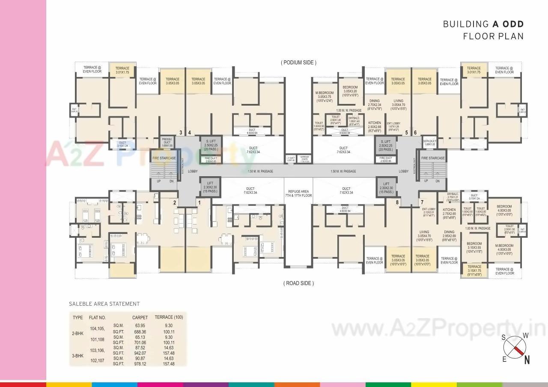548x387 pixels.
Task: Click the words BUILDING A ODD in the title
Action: [483, 24]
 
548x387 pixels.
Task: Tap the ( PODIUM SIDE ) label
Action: [298, 62]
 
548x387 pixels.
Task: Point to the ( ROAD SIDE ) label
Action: [298, 283]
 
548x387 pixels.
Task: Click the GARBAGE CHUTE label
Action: [304, 159]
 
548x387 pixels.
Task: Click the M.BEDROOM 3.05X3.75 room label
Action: [325, 97]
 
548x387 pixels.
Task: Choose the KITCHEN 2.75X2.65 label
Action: [449, 212]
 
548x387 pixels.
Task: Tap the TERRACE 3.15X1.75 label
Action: [474, 269]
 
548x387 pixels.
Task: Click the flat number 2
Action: [175, 202]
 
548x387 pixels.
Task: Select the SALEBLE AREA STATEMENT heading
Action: [104, 304]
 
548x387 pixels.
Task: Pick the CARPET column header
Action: [140, 317]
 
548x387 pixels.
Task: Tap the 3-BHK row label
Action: [78, 355]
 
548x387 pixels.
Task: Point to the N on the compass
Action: [527, 360]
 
